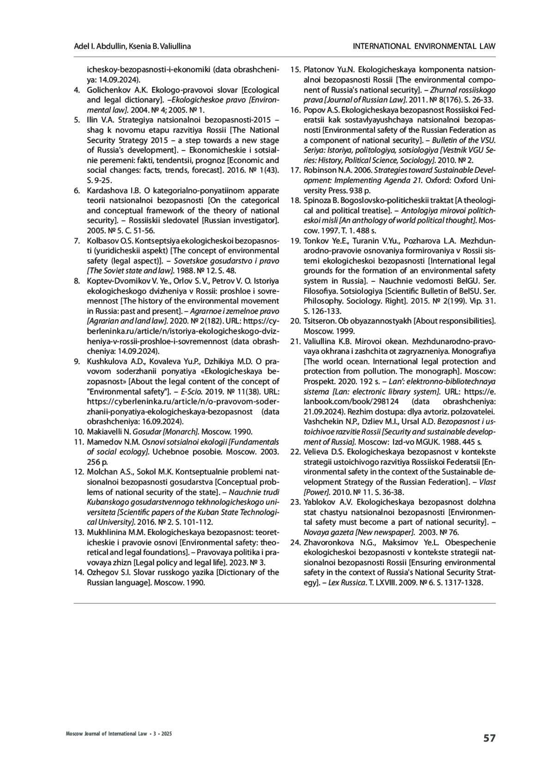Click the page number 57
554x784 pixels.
[489, 738]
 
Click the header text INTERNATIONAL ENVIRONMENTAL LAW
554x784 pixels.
[424, 46]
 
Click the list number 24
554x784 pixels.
[295, 542]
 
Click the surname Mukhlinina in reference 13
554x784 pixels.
[107, 532]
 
